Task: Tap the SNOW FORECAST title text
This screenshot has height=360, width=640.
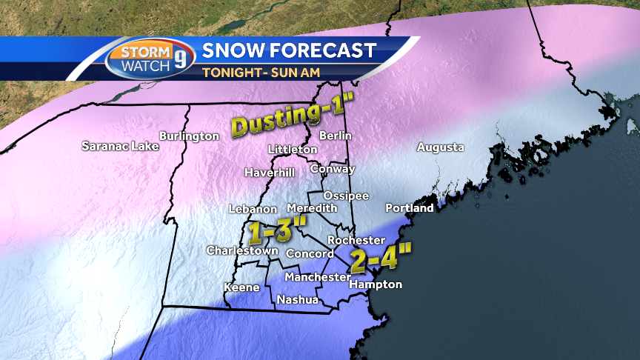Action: (289, 51)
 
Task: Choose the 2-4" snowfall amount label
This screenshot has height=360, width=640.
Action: (380, 260)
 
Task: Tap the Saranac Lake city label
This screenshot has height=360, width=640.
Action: (120, 146)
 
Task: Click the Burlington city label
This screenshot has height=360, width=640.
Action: (189, 136)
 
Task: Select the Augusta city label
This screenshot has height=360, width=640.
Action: (441, 147)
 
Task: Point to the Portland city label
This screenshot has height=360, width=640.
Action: (409, 208)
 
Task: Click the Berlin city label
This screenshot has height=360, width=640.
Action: (335, 136)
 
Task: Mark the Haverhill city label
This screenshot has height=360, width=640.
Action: (270, 173)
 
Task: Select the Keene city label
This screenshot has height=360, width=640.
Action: (241, 287)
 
